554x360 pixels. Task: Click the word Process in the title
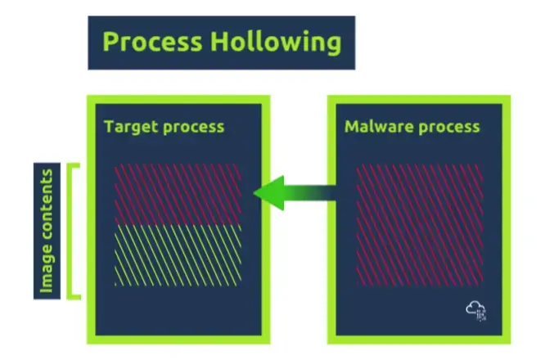pyautogui.click(x=152, y=42)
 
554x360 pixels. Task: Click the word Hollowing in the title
pyautogui.click(x=276, y=43)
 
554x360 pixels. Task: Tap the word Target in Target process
pyautogui.click(x=128, y=127)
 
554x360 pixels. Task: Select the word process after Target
pyautogui.click(x=190, y=128)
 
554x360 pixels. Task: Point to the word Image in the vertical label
pyautogui.click(x=47, y=268)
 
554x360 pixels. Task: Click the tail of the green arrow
pyautogui.click(x=335, y=193)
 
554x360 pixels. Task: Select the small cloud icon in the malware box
pyautogui.click(x=476, y=311)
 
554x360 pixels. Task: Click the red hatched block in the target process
pyautogui.click(x=178, y=194)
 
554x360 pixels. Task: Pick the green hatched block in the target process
pyautogui.click(x=178, y=255)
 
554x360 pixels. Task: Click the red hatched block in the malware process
pyautogui.click(x=420, y=225)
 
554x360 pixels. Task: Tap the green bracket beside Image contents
pyautogui.click(x=70, y=231)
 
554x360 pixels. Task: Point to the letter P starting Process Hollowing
pyautogui.click(x=110, y=42)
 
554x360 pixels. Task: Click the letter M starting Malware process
pyautogui.click(x=353, y=127)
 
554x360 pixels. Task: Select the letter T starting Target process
pyautogui.click(x=109, y=127)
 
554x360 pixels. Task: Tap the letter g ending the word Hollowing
pyautogui.click(x=334, y=45)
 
